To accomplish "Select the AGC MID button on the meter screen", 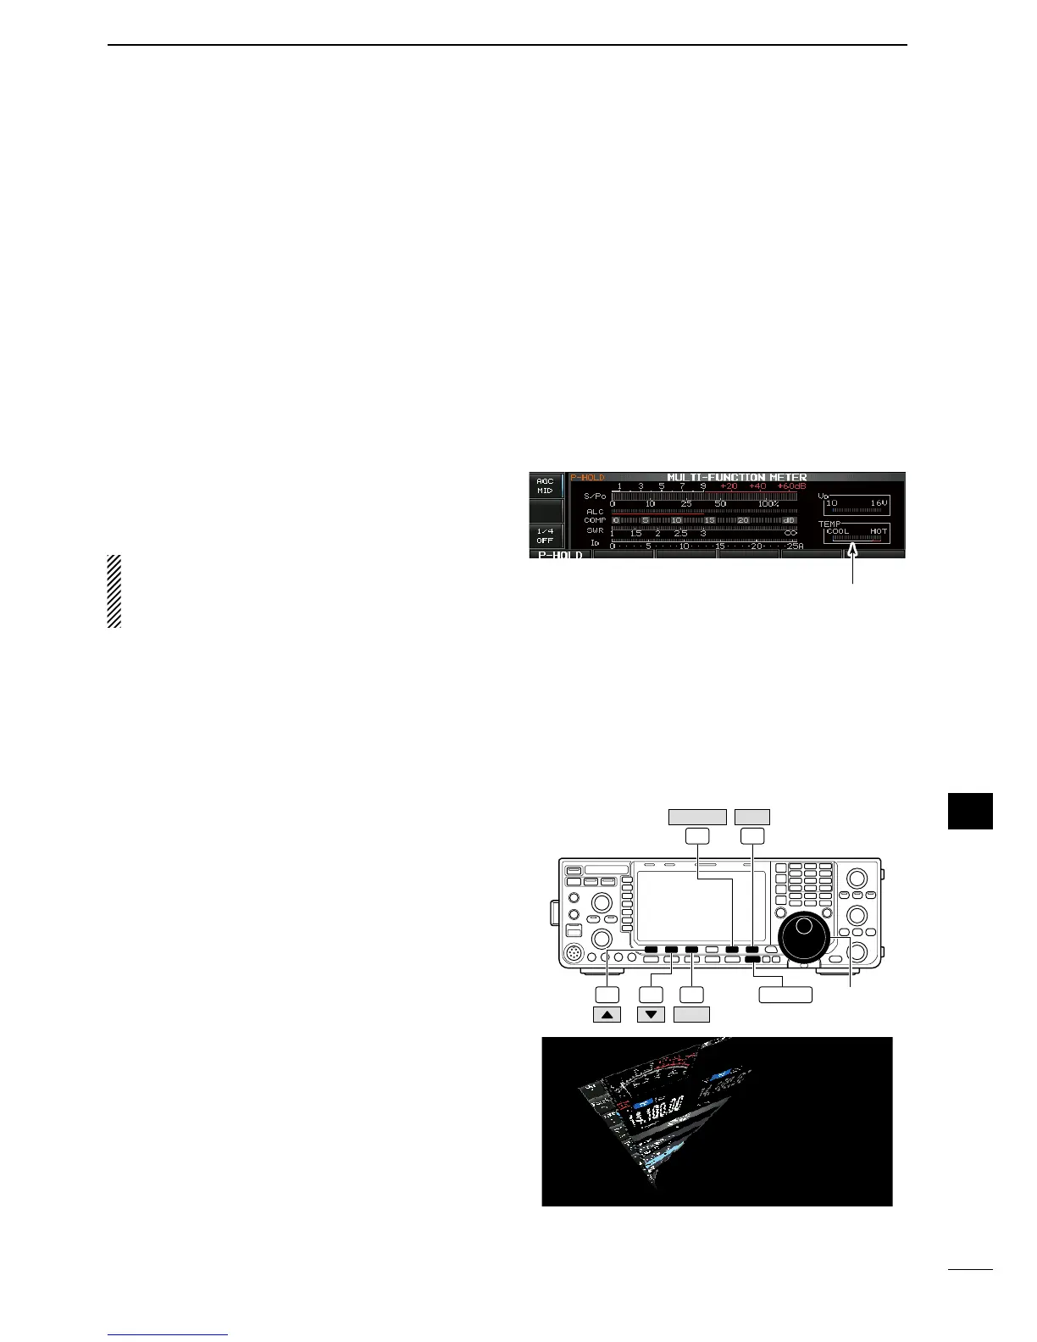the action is point(546,485).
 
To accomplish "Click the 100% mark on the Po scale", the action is point(768,503).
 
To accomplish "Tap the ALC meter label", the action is point(595,512).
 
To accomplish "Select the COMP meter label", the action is point(594,520).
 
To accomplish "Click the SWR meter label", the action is point(595,530).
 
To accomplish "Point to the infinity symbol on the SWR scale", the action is point(790,533).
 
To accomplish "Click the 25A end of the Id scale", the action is point(795,546).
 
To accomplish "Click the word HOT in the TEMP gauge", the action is point(878,531).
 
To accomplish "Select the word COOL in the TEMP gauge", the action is point(837,531).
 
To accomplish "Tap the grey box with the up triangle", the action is point(607,1013).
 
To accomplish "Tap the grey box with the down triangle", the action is point(651,1013).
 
